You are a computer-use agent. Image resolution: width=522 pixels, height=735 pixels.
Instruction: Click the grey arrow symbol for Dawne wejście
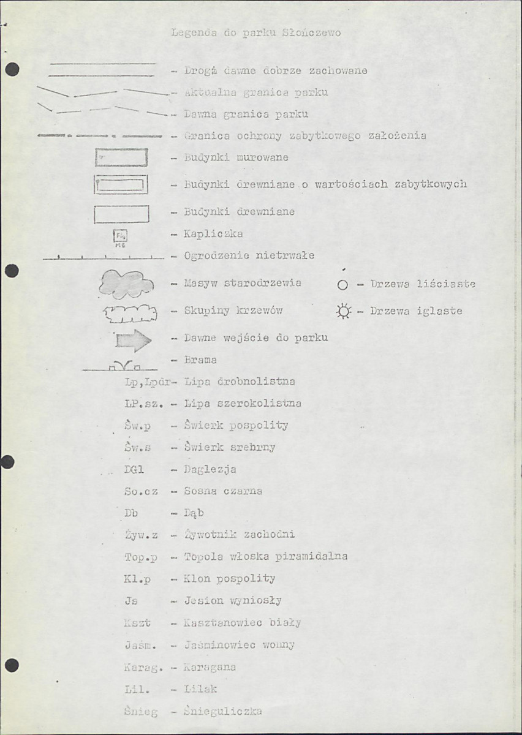[x=133, y=341]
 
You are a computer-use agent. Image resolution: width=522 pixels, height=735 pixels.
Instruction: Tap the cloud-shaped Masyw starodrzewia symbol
[x=126, y=284]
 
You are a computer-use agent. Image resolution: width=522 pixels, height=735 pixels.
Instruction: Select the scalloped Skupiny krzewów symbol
[x=130, y=314]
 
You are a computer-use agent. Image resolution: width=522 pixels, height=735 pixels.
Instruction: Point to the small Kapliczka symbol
[x=121, y=236]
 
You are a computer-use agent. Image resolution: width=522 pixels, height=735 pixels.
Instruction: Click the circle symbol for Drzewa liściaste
[x=342, y=285]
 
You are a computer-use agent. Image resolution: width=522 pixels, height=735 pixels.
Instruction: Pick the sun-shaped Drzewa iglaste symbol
[x=343, y=312]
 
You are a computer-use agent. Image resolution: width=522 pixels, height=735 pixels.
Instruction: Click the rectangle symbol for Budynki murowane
[x=121, y=158]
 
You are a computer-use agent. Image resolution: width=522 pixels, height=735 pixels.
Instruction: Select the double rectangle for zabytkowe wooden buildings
[x=121, y=184]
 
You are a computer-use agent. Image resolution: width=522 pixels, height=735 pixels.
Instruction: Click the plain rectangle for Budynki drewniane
[x=121, y=214]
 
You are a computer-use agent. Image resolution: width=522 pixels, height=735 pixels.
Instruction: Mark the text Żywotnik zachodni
[x=240, y=535]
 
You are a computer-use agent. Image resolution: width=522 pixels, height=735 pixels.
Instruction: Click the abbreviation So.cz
[x=141, y=491]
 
